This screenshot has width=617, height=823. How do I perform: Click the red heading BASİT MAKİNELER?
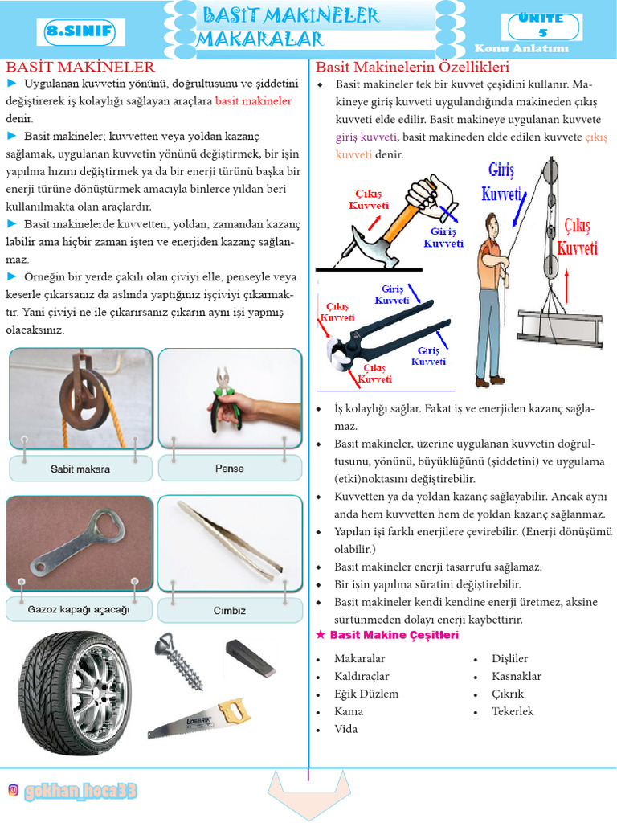click(80, 66)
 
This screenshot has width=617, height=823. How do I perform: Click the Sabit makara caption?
click(80, 469)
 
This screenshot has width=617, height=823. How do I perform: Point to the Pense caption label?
click(229, 469)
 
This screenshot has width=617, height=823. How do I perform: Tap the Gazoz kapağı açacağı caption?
click(79, 609)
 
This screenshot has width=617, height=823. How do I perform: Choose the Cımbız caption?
click(229, 610)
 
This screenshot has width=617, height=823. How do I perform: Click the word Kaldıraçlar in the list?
click(362, 677)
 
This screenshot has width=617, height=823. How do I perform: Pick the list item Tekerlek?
click(513, 711)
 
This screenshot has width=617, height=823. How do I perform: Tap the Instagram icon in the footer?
click(13, 791)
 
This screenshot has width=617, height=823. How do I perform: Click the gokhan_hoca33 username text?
click(80, 792)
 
